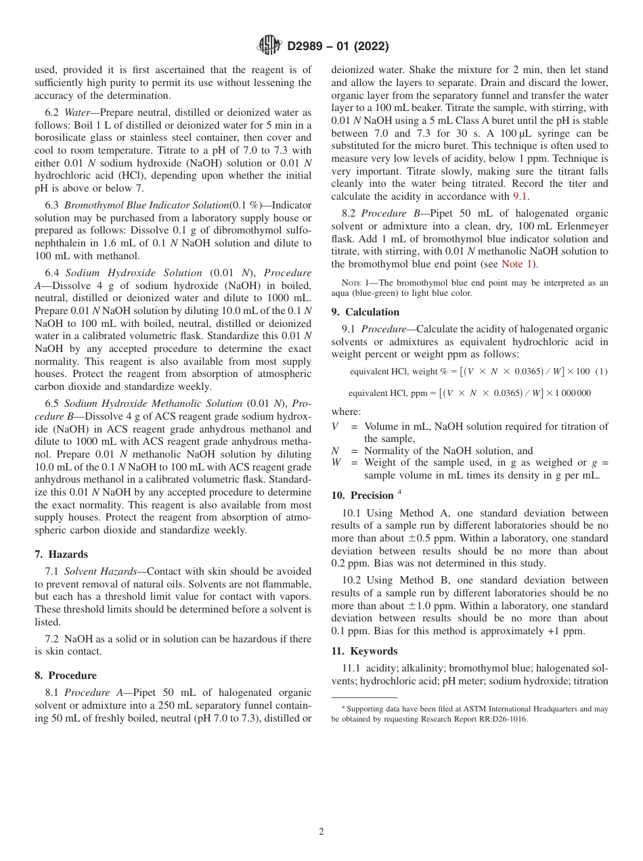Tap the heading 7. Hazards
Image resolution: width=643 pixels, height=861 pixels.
click(x=62, y=554)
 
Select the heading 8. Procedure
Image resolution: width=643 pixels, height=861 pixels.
click(x=66, y=676)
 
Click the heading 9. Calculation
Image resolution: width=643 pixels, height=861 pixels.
click(x=365, y=312)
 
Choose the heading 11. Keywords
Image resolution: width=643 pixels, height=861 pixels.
click(x=364, y=651)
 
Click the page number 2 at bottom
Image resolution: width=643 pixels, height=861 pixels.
click(x=321, y=832)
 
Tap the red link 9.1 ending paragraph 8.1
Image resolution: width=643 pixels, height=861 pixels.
click(x=520, y=196)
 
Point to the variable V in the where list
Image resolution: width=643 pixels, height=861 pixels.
click(x=336, y=426)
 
